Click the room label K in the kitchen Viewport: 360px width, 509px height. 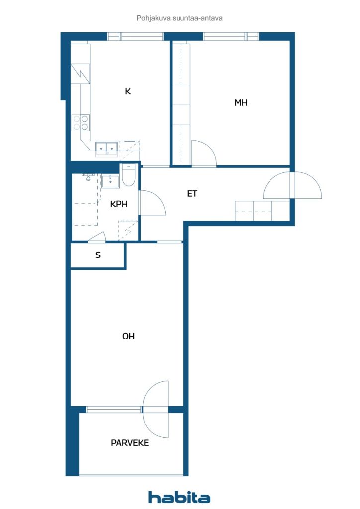point(128,91)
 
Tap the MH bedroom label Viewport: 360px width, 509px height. point(241,103)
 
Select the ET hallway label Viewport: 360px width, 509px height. point(192,194)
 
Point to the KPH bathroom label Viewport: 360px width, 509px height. point(118,204)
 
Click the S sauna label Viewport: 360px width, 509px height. point(98,255)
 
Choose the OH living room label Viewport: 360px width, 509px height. point(128,337)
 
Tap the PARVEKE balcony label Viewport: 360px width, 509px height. point(130,443)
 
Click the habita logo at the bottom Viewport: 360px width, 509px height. point(180,497)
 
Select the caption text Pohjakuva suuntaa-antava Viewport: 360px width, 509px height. point(180,18)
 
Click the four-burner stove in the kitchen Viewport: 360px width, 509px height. point(81,122)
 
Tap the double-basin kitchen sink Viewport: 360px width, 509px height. point(107,147)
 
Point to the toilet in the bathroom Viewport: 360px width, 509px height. point(128,176)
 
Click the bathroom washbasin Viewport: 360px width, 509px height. point(110,181)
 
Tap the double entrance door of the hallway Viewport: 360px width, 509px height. point(292,185)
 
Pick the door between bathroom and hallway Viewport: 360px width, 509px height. point(151,203)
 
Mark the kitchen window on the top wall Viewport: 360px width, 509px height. point(135,36)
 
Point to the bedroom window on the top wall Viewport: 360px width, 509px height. point(231,36)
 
